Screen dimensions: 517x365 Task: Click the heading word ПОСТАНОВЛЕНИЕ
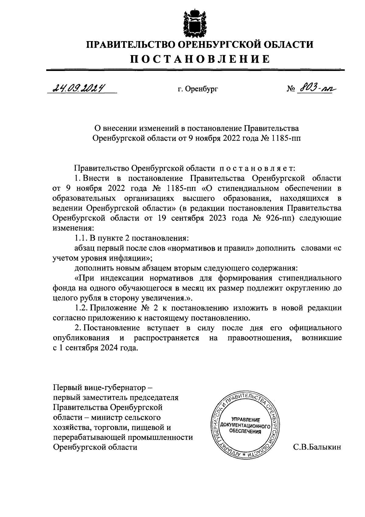(x=200, y=59)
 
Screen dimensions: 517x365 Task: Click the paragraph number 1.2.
(x=81, y=308)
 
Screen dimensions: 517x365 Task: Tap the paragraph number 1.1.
(x=81, y=238)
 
